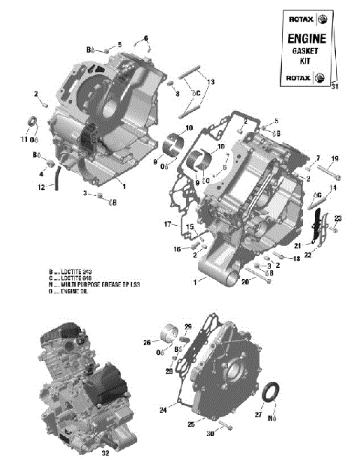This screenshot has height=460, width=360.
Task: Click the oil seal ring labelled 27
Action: pos(274,392)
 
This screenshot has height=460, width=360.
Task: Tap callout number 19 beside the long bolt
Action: pos(335,158)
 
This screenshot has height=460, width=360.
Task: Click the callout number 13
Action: pos(211,81)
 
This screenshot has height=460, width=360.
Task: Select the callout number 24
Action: pos(162,410)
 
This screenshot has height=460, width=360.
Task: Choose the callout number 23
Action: pos(337,218)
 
